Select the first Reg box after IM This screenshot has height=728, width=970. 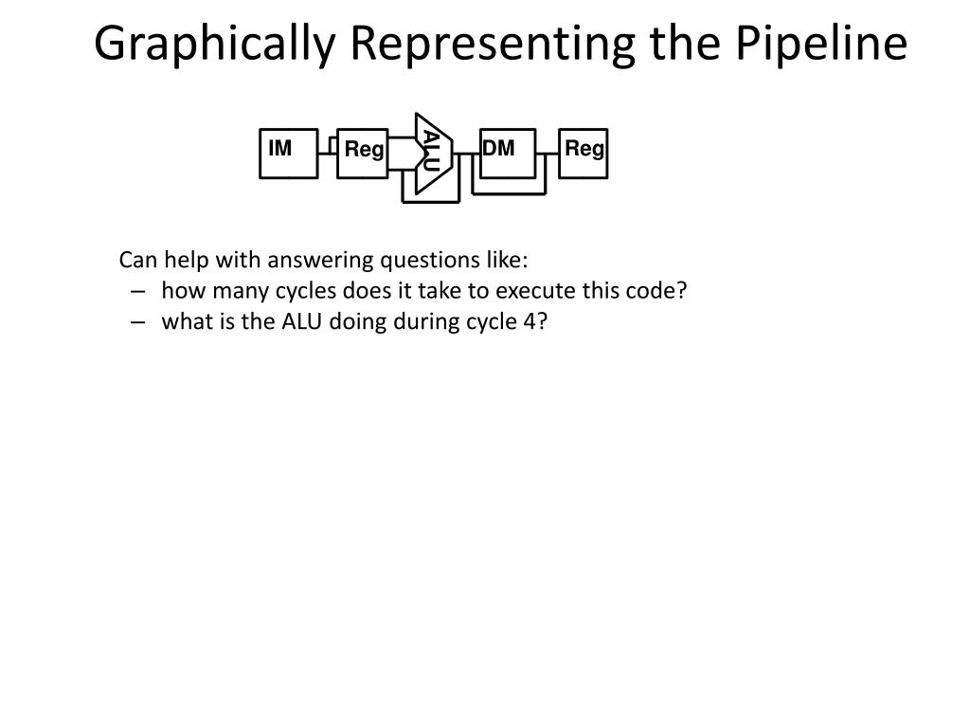(364, 153)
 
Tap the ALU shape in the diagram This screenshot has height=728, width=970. (432, 153)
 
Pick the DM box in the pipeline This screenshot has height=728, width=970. (507, 153)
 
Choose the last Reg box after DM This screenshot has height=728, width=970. (584, 153)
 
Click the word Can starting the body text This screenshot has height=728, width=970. (135, 260)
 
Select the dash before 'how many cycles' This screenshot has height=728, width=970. (139, 291)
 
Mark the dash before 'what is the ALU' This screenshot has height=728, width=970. (139, 321)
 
